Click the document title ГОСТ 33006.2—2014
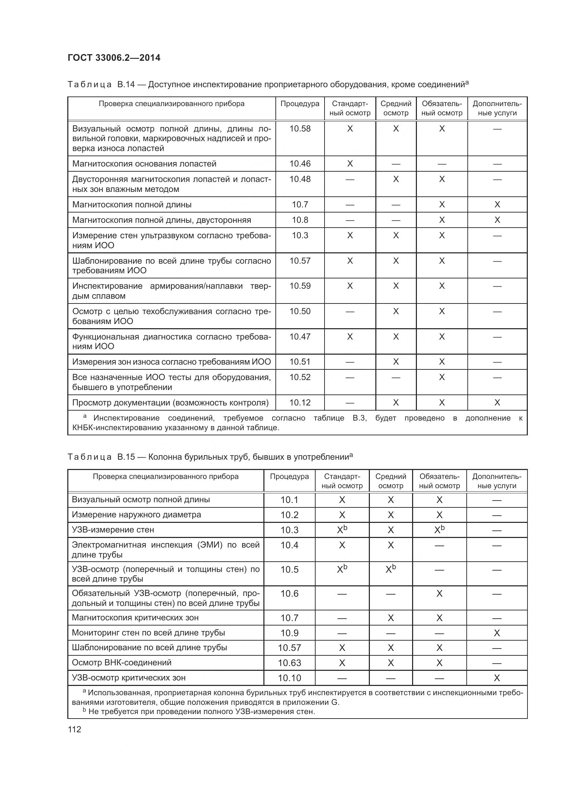click(x=114, y=58)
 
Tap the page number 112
click(x=75, y=729)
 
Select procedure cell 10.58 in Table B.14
click(x=300, y=129)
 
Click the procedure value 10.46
click(x=300, y=164)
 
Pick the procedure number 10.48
click(x=300, y=179)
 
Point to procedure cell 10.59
click(x=300, y=286)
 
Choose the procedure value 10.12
click(x=300, y=403)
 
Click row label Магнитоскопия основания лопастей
click(x=144, y=164)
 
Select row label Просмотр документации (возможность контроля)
click(x=170, y=403)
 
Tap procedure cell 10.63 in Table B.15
click(x=289, y=663)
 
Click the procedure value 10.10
click(x=289, y=678)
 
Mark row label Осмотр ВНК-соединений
click(x=121, y=662)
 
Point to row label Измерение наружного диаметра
click(x=136, y=515)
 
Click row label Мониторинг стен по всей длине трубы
click(x=148, y=633)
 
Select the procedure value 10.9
click(x=289, y=633)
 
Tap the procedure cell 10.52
click(x=300, y=377)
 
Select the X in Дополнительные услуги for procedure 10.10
click(x=497, y=678)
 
